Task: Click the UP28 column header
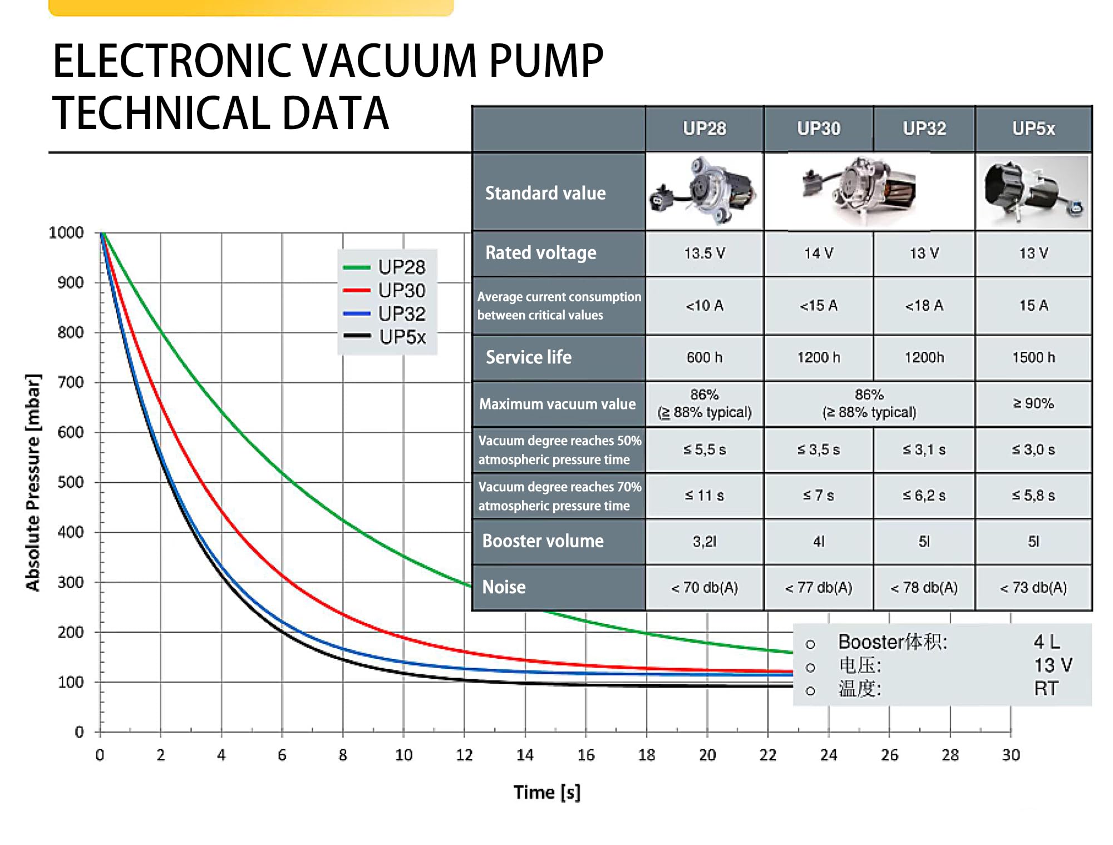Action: (x=704, y=129)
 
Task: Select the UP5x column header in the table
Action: (x=1033, y=129)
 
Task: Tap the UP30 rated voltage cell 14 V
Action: (x=818, y=253)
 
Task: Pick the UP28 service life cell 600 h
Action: (x=704, y=357)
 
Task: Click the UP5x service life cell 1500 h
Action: (x=1033, y=357)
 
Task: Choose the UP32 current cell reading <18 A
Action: (x=924, y=305)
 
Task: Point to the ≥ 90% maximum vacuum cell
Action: (x=1033, y=403)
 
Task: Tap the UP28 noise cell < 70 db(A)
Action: (x=704, y=587)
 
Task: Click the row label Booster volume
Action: (x=543, y=541)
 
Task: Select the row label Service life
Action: (x=529, y=357)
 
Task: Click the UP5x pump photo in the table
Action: (x=1033, y=192)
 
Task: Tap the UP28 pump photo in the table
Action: (x=704, y=192)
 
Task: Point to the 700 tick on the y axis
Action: (x=71, y=382)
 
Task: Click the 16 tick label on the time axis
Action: (x=585, y=755)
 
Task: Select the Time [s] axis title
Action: (x=546, y=792)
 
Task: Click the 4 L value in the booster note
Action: (x=1047, y=642)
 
